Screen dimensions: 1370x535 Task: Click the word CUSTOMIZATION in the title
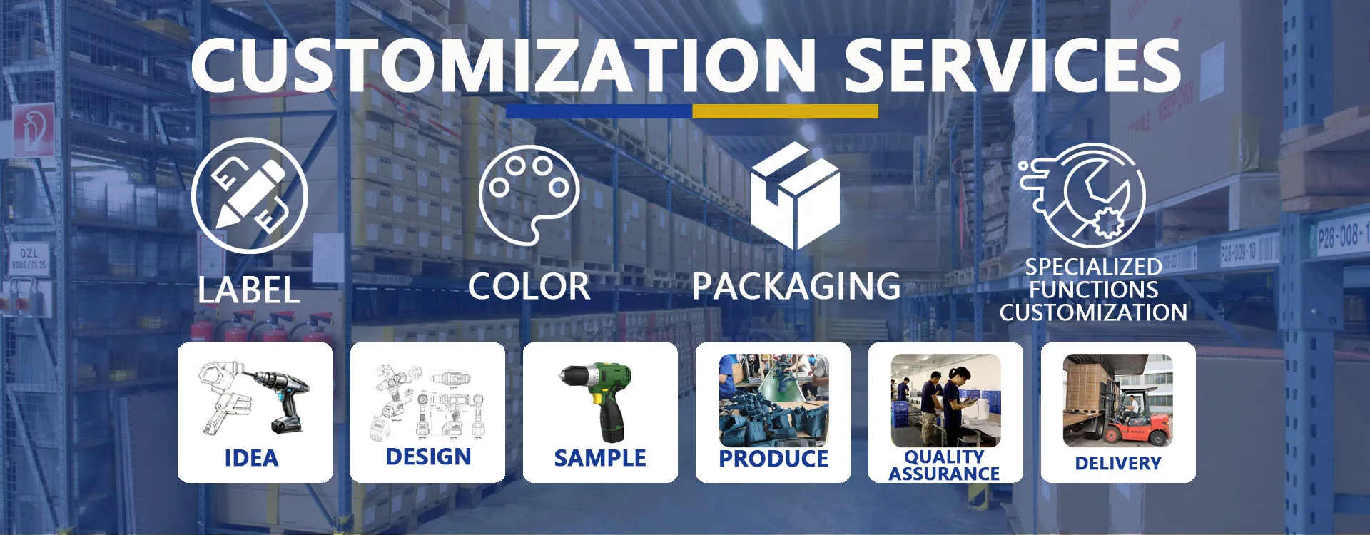coord(504,65)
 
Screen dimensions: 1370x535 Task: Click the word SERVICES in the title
coord(1013,65)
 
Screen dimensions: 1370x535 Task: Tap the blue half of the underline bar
coord(599,111)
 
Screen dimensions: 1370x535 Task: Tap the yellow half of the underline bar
coord(785,111)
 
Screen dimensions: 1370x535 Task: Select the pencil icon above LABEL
coord(249,195)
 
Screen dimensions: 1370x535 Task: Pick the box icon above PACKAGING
coord(795,195)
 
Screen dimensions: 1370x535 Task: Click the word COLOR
coord(529,287)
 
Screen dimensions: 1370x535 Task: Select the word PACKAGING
coord(796,287)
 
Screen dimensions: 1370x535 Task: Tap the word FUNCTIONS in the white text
coord(1094,290)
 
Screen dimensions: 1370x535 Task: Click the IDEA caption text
coord(251,458)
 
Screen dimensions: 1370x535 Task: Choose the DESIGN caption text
coord(428,457)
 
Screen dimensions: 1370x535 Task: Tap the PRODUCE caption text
coord(773,459)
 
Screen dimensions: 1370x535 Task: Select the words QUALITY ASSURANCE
coord(944,465)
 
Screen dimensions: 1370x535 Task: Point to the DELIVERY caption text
coord(1118,464)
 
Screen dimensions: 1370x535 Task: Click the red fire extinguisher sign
coord(33,130)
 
